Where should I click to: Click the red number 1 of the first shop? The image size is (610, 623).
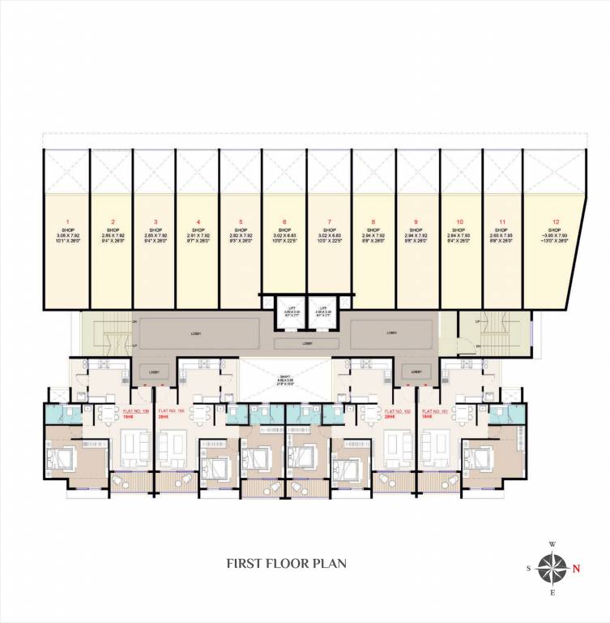[68, 221]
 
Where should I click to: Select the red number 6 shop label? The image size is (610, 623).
[285, 221]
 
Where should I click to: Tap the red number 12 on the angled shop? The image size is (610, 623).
[554, 221]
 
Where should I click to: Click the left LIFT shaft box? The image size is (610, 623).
[278, 312]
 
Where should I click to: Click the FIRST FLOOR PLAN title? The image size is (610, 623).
[287, 562]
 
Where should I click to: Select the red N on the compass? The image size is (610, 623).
[576, 568]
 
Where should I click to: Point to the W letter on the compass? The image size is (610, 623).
[552, 544]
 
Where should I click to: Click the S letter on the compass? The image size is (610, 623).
[529, 569]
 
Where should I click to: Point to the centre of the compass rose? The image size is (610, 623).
[552, 568]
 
